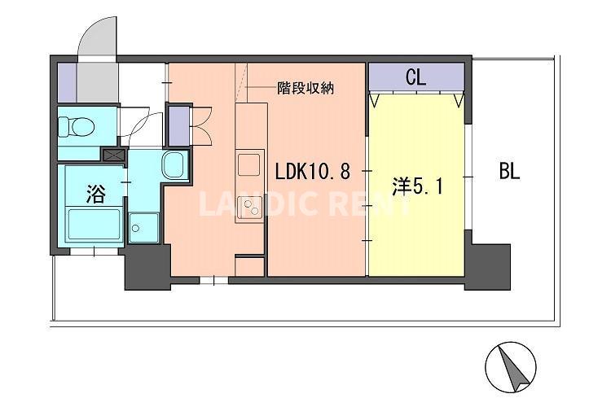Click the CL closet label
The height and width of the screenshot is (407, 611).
(x=415, y=79)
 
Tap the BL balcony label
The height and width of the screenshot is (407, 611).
(x=509, y=172)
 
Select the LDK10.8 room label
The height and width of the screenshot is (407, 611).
(x=313, y=173)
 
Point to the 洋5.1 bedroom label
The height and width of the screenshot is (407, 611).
(x=418, y=186)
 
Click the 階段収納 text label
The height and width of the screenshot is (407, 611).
(x=305, y=87)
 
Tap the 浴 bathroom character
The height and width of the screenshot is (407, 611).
(x=96, y=193)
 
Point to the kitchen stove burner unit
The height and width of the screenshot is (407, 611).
(x=249, y=212)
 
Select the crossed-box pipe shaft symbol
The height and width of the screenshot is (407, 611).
(x=112, y=153)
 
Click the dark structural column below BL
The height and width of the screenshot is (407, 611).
(x=490, y=265)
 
